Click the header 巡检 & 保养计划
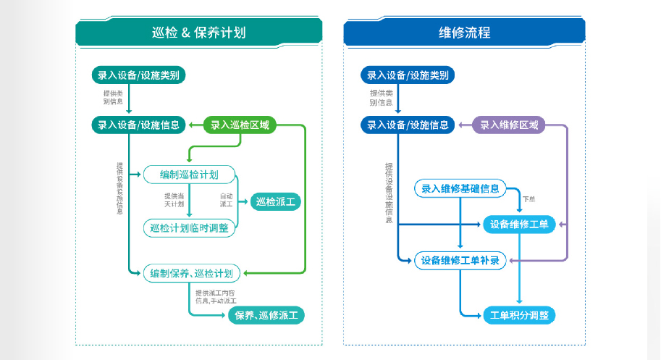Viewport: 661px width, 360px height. click(198, 33)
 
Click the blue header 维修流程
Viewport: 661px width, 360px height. click(464, 33)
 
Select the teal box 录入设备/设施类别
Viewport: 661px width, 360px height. click(138, 75)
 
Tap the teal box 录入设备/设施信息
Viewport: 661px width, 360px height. click(138, 125)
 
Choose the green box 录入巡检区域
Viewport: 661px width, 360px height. click(240, 125)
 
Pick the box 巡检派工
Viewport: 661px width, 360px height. click(275, 202)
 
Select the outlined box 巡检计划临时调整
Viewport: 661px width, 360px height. click(189, 227)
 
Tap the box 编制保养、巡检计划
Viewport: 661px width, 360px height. click(191, 273)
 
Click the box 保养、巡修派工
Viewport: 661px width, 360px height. click(266, 315)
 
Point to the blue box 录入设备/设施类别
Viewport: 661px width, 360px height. click(408, 75)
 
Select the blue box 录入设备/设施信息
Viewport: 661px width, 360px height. click(408, 125)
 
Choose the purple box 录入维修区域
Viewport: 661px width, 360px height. click(509, 125)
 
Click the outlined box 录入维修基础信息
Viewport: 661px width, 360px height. click(460, 188)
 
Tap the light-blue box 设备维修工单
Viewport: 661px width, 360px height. click(519, 224)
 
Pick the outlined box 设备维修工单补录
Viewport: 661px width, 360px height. click(460, 260)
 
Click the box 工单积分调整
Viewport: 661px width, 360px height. click(519, 315)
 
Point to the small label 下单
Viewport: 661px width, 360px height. click(529, 198)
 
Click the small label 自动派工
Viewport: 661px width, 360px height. click(227, 199)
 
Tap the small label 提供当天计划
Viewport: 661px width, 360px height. click(174, 199)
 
